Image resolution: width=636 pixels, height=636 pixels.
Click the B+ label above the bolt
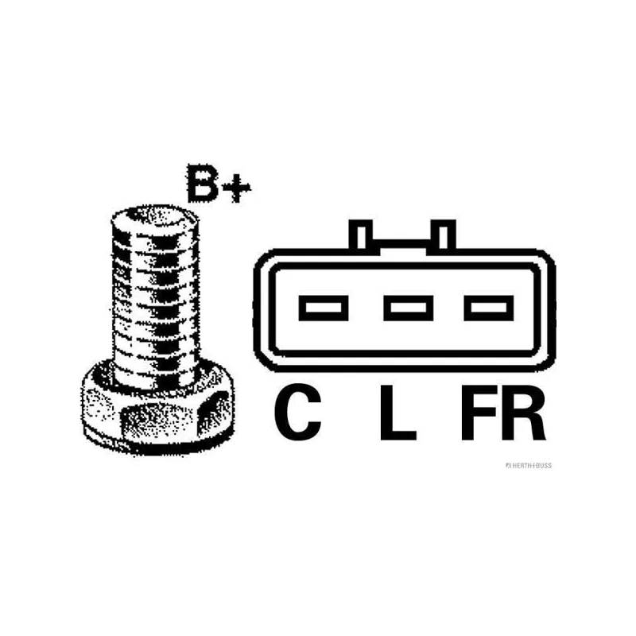(x=219, y=184)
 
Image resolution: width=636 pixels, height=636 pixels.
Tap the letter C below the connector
(x=297, y=412)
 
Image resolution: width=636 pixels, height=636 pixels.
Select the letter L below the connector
(x=398, y=413)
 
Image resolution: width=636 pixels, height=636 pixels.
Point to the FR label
(x=503, y=413)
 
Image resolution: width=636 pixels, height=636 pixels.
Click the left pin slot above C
(x=324, y=308)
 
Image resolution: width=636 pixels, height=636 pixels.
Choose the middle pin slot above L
(x=408, y=308)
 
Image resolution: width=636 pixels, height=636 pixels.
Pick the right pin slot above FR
(x=488, y=308)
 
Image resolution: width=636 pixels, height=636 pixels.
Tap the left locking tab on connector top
(x=361, y=235)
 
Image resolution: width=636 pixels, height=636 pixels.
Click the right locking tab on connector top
(x=444, y=235)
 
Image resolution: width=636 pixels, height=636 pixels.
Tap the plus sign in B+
(x=236, y=188)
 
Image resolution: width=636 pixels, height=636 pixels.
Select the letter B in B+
(x=203, y=184)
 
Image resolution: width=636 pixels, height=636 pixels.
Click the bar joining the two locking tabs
(x=402, y=245)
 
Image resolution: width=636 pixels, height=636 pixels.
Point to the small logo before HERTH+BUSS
(x=508, y=466)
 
